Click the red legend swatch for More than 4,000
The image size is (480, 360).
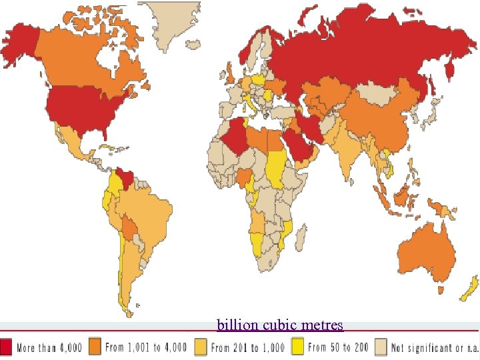(x=7, y=347)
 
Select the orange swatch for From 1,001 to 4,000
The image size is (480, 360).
(x=95, y=347)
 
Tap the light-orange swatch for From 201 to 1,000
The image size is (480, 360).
(x=200, y=347)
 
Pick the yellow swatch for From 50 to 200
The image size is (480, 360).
(x=297, y=347)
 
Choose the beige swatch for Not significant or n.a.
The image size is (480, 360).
(x=381, y=347)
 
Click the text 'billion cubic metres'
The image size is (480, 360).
(x=279, y=325)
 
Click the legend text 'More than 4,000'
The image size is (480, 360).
(x=49, y=347)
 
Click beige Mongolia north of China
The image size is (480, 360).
(x=377, y=93)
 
